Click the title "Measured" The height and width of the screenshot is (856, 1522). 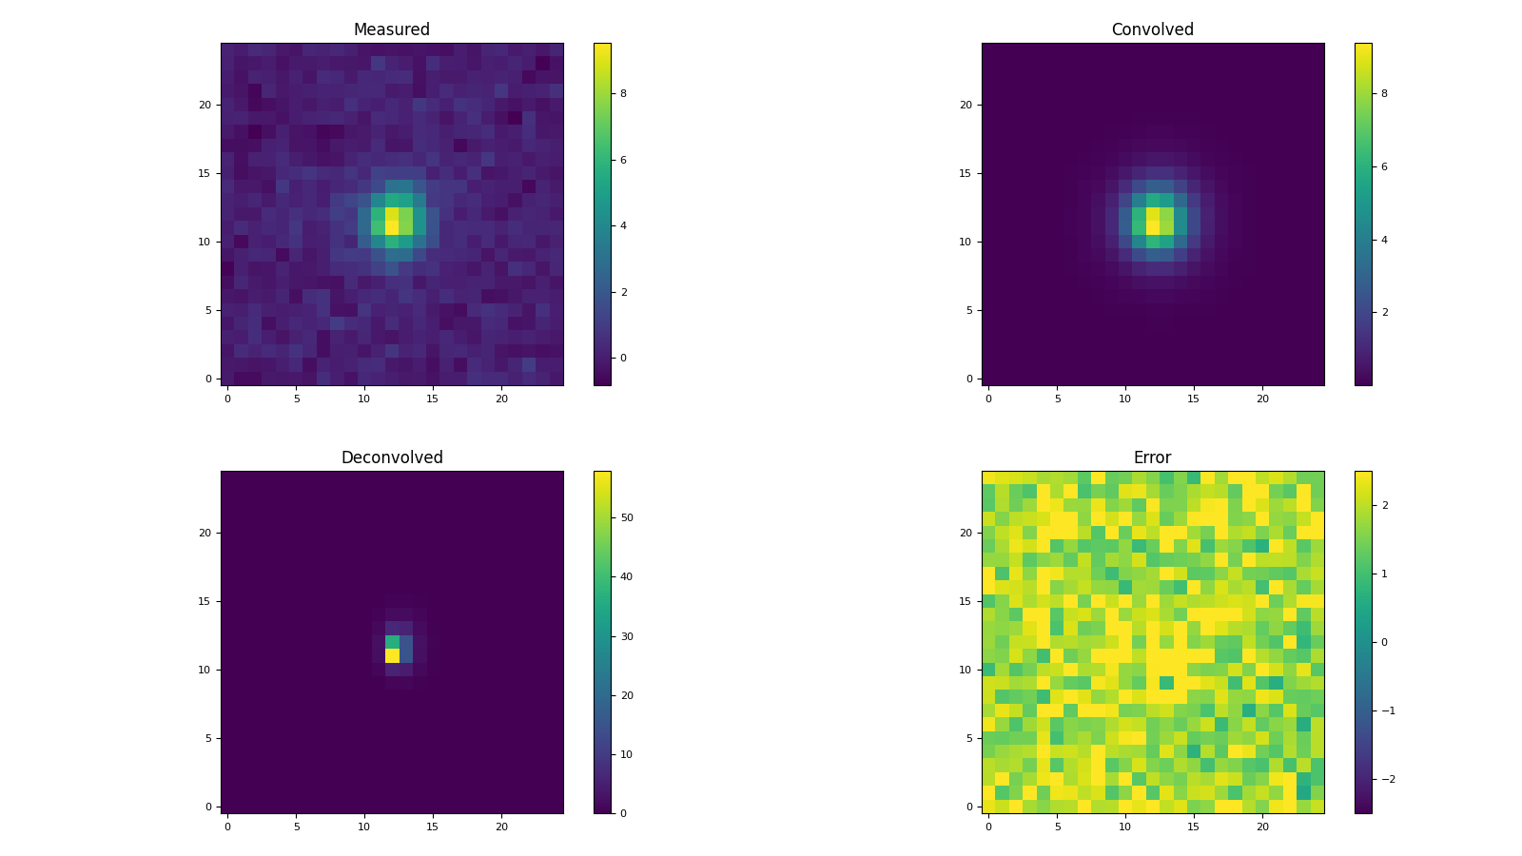(391, 29)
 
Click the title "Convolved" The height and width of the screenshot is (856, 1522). (1152, 29)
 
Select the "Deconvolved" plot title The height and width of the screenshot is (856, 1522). (391, 457)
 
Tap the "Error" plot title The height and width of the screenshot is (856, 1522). (1152, 457)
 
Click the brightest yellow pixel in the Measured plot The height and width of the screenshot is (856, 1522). (392, 227)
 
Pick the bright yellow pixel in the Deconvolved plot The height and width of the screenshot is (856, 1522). (392, 655)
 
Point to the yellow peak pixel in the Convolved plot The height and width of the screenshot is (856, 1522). (1153, 221)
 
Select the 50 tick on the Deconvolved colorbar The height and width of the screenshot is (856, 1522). (627, 517)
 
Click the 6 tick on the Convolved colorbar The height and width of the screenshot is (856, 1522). (1384, 166)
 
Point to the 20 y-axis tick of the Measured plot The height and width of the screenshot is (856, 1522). (205, 105)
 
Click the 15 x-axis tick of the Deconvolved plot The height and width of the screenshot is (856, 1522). (433, 827)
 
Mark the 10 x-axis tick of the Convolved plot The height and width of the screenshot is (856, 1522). (1125, 399)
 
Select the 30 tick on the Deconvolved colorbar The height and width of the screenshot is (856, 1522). (627, 636)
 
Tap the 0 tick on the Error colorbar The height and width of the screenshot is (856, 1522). (1384, 642)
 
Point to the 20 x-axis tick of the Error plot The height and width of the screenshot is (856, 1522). (1262, 827)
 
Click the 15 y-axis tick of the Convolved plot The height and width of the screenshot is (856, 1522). (966, 173)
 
